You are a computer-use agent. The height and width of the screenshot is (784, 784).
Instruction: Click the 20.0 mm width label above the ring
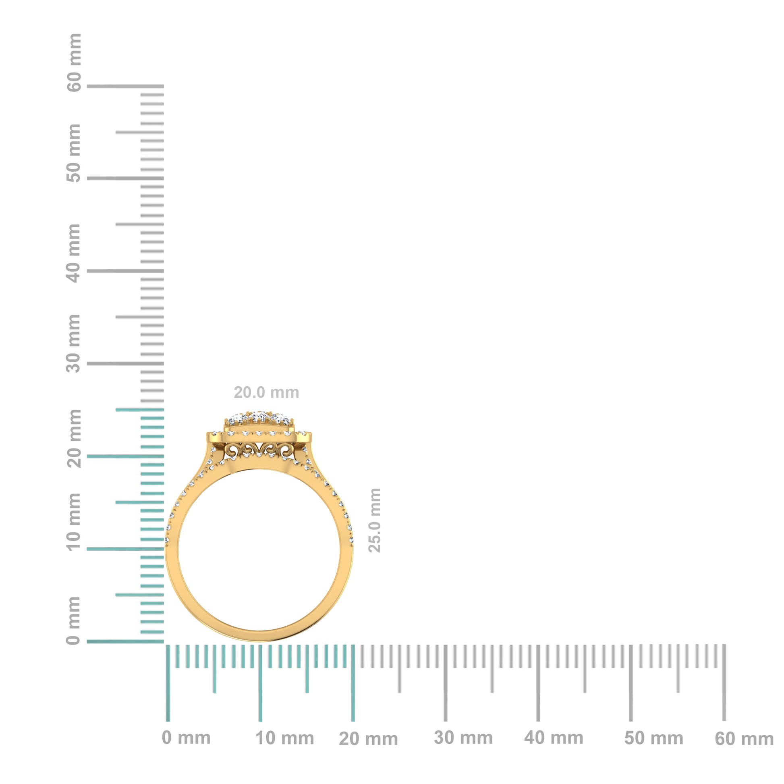pos(266,392)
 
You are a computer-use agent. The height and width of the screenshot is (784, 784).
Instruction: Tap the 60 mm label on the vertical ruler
pos(74,63)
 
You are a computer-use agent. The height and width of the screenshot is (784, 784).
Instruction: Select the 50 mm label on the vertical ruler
pos(74,153)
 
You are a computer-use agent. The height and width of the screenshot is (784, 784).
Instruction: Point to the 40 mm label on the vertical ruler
pos(74,253)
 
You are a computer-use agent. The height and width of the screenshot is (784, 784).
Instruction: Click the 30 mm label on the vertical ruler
pos(74,343)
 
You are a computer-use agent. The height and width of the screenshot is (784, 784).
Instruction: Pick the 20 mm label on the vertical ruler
pos(74,438)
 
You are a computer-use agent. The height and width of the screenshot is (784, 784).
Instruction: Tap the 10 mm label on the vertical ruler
pos(74,521)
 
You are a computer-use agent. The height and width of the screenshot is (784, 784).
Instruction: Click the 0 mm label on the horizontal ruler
pos(186,738)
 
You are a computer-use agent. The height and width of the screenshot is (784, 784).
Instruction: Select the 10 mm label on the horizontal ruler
pos(284,738)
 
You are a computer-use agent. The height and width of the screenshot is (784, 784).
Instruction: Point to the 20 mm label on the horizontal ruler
pos(368,739)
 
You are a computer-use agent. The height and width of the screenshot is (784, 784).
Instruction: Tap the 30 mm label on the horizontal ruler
pos(463,738)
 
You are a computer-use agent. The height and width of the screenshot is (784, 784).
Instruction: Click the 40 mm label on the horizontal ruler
pos(554,738)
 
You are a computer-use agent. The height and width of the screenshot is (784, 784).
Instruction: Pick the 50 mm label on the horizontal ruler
pos(653,738)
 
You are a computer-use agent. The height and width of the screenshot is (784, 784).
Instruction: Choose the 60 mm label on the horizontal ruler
pos(744,739)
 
